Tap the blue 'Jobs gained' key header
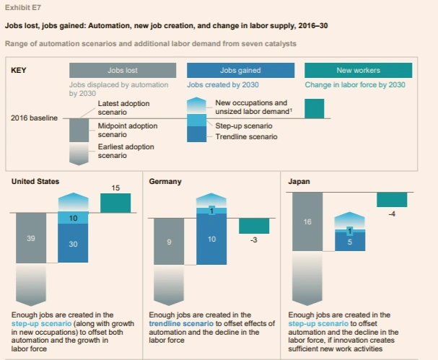point(240,71)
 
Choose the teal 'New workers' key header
point(358,71)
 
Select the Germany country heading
point(165,182)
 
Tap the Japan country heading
point(299,182)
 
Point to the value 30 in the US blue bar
point(73,245)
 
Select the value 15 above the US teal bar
point(115,188)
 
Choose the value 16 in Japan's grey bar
point(307,222)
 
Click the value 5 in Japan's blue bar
point(349,242)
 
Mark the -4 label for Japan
point(393,214)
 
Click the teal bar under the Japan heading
point(392,200)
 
